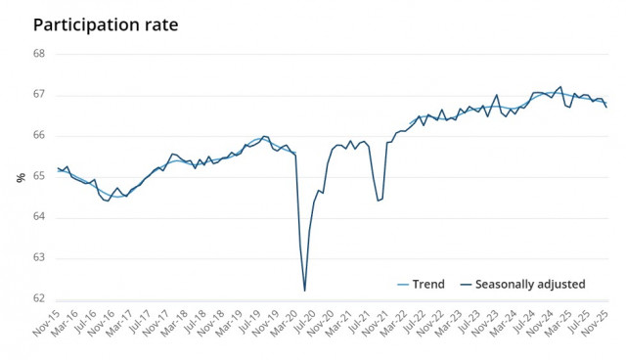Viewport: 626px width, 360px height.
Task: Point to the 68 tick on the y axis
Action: click(x=41, y=54)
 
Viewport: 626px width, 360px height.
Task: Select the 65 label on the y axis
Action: click(x=41, y=176)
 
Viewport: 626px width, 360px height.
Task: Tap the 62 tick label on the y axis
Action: click(x=41, y=299)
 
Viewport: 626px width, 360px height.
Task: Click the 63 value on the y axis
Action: click(x=41, y=258)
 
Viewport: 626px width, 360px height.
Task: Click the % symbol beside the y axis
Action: click(x=20, y=177)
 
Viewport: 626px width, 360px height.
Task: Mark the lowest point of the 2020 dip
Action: click(x=304, y=291)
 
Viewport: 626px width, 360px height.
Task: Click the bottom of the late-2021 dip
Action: click(x=378, y=201)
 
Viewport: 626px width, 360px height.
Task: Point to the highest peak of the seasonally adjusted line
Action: click(x=559, y=86)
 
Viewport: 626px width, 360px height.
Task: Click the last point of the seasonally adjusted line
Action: click(x=605, y=108)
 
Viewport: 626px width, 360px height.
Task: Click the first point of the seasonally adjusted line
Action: click(x=58, y=168)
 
